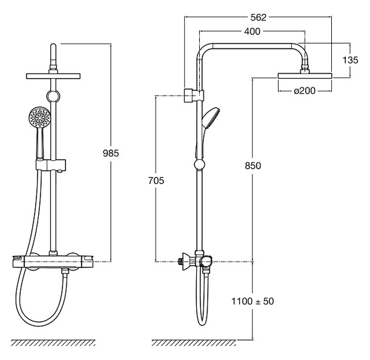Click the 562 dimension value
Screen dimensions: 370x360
pos(258,18)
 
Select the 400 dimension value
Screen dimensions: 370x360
pos(252,31)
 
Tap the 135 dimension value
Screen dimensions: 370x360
pos(350,60)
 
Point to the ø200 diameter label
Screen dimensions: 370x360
pos(305,91)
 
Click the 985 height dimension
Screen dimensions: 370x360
pos(111,153)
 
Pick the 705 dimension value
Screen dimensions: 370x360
pos(156,180)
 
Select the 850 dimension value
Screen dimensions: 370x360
pos(253,166)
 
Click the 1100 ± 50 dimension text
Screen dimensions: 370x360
pos(253,301)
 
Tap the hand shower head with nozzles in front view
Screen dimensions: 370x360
pos(39,117)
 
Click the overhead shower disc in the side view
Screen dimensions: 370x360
pos(305,76)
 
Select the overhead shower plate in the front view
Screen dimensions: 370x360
pos(53,76)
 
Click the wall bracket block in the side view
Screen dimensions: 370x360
pos(190,96)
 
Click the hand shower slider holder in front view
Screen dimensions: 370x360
pos(50,165)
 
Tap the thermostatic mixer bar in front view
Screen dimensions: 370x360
pos(53,262)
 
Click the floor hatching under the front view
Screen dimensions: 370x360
pos(53,343)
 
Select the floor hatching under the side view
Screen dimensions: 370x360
pos(194,343)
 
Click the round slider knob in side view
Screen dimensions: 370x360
pos(199,165)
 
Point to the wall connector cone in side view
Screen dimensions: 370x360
pos(186,261)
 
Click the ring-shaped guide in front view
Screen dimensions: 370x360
pos(53,96)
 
